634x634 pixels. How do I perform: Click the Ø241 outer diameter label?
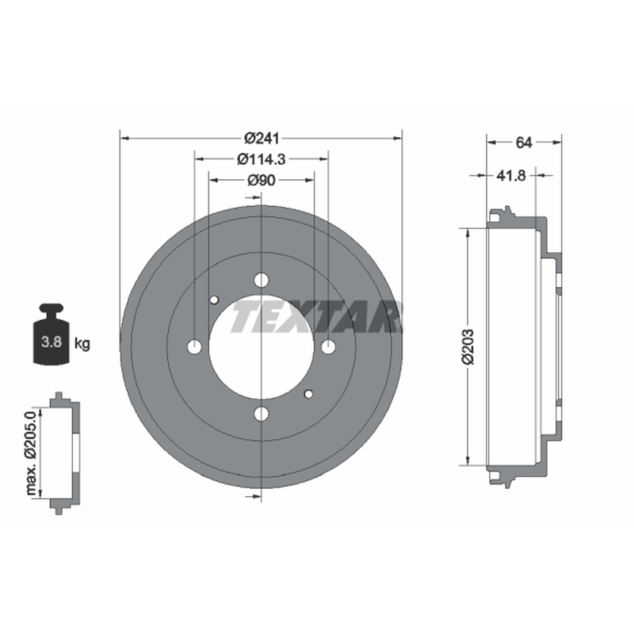point(262,138)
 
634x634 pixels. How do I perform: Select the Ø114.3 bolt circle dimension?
point(262,159)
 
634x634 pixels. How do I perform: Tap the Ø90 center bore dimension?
point(262,180)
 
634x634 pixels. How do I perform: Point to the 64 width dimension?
point(524,143)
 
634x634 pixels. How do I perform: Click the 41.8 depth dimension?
point(510,175)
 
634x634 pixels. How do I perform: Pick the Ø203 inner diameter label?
point(468,346)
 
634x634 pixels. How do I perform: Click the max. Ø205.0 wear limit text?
point(31,453)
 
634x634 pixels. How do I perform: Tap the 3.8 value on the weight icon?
point(52,342)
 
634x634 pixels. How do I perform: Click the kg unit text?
point(82,344)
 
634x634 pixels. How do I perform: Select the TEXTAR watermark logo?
point(316,316)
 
